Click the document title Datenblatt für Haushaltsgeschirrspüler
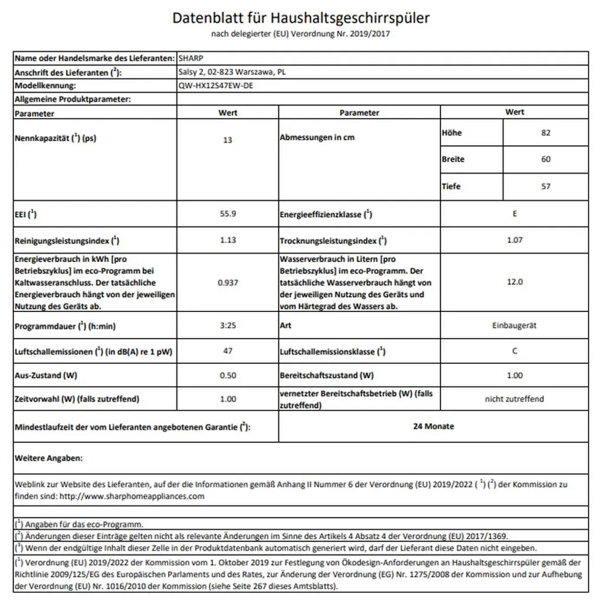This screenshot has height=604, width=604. (x=301, y=18)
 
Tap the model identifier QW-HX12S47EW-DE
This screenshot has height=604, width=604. (x=218, y=85)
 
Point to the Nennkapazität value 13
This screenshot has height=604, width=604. (x=228, y=140)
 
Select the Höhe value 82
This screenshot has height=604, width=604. (x=546, y=133)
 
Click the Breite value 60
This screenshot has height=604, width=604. (x=546, y=159)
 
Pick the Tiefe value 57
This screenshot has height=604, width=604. (x=546, y=186)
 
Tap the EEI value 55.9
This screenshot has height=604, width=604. (x=228, y=214)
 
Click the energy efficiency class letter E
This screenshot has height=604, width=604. (x=514, y=214)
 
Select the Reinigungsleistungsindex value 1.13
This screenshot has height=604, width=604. (x=228, y=240)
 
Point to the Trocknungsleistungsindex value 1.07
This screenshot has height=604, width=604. (x=514, y=240)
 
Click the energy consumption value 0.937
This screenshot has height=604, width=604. (x=228, y=283)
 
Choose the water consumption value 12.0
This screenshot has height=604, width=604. (x=514, y=282)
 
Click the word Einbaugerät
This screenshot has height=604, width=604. (x=514, y=325)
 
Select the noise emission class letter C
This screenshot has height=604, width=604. (x=514, y=351)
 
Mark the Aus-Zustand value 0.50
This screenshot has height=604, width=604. (x=228, y=375)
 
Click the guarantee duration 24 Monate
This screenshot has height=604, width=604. (x=434, y=426)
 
